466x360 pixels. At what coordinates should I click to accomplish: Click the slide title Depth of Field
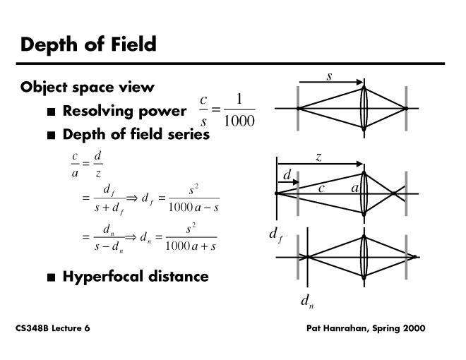pos(88,44)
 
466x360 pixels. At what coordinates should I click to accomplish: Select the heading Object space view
pos(88,88)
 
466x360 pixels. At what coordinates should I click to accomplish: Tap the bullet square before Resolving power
pos(51,112)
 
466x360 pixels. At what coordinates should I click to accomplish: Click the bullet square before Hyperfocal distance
pos(51,277)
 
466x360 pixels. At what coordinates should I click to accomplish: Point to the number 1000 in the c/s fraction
pos(239,121)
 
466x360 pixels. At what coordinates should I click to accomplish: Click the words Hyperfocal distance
pos(136,276)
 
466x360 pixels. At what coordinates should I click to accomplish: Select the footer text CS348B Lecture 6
pos(52,329)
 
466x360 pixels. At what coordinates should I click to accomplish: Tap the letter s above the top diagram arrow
pos(329,76)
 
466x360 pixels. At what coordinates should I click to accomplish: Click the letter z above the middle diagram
pos(318,158)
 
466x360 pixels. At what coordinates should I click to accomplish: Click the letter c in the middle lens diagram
pos(321,188)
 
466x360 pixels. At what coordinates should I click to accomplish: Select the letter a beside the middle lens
pos(354,188)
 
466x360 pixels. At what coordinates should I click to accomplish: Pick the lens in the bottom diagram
pos(364,257)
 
